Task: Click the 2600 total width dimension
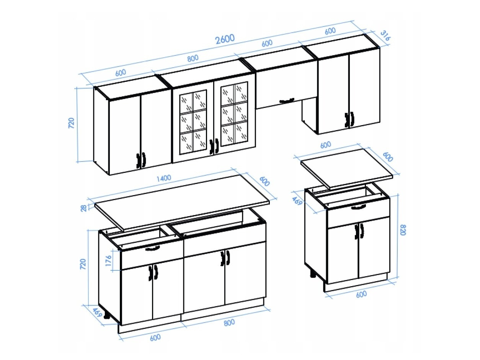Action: click(225, 39)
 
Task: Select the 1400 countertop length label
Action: click(162, 178)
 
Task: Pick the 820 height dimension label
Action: click(402, 230)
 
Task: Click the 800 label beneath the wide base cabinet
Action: click(229, 323)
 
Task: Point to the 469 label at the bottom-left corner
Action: click(97, 313)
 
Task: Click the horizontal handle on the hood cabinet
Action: click(286, 101)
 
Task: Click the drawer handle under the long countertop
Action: click(152, 249)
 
